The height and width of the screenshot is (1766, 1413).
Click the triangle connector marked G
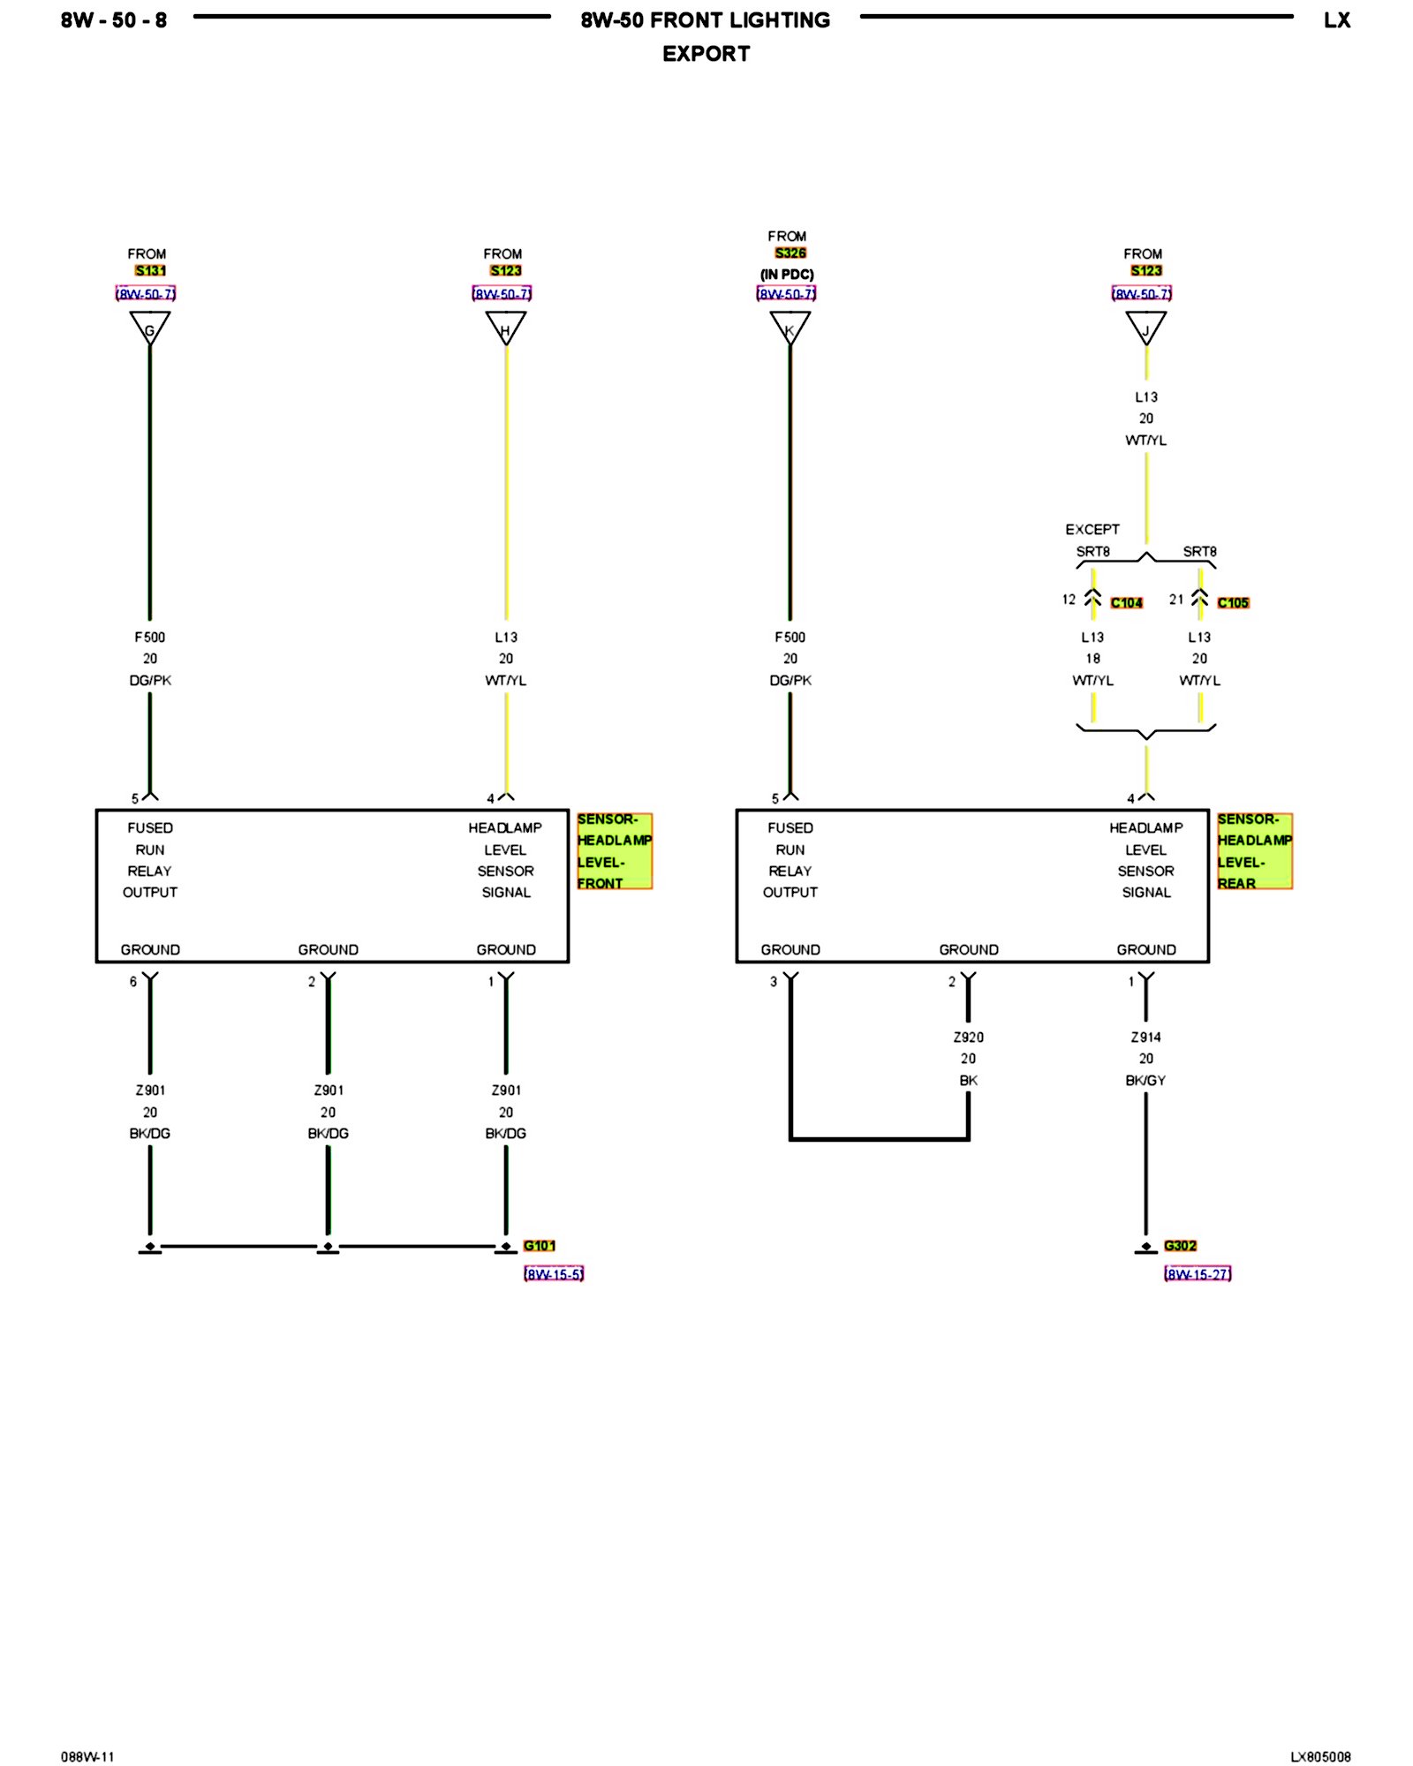click(x=149, y=328)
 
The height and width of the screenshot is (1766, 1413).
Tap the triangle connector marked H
click(x=505, y=328)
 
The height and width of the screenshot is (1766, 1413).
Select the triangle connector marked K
click(x=790, y=328)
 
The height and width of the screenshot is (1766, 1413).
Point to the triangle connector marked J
click(x=1145, y=328)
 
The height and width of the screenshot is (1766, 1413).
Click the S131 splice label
click(x=150, y=271)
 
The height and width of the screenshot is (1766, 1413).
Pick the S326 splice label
click(x=790, y=253)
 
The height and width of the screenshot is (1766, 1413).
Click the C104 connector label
click(x=1126, y=603)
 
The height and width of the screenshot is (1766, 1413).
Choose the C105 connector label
click(x=1233, y=603)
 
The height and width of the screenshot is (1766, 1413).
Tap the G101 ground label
click(x=539, y=1246)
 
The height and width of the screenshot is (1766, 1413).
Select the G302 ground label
click(x=1180, y=1246)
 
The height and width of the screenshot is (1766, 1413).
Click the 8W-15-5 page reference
click(x=554, y=1274)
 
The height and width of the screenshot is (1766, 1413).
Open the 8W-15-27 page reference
click(x=1198, y=1274)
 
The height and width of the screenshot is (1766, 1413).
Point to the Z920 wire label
click(x=969, y=1038)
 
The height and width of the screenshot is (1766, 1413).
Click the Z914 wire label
click(x=1145, y=1038)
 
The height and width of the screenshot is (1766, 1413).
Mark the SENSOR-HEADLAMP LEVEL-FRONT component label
click(x=615, y=851)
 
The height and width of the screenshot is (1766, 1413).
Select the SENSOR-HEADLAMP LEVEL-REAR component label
click(x=1254, y=851)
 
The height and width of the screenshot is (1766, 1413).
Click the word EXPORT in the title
click(x=706, y=54)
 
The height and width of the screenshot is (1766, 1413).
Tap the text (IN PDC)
click(x=787, y=275)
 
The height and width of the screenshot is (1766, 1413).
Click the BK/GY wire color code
click(x=1145, y=1081)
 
